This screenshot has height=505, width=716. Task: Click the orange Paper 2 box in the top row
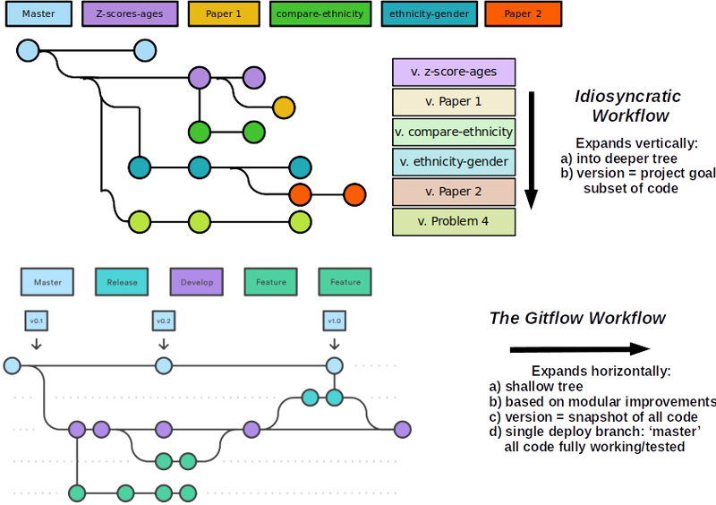[x=522, y=13]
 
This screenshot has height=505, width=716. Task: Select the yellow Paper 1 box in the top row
[x=225, y=13]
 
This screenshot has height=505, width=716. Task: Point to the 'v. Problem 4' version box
[x=454, y=221]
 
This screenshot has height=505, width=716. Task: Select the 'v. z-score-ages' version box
[x=454, y=72]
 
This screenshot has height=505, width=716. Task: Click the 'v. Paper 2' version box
[x=454, y=192]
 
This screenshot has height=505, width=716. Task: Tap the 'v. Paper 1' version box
[x=454, y=102]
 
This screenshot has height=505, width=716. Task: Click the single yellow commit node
[x=283, y=107]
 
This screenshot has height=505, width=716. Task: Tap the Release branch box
[x=122, y=282]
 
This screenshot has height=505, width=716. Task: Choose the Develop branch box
[x=195, y=282]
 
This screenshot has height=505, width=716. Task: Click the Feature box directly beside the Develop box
[x=270, y=282]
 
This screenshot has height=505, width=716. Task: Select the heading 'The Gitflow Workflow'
[x=577, y=319]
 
